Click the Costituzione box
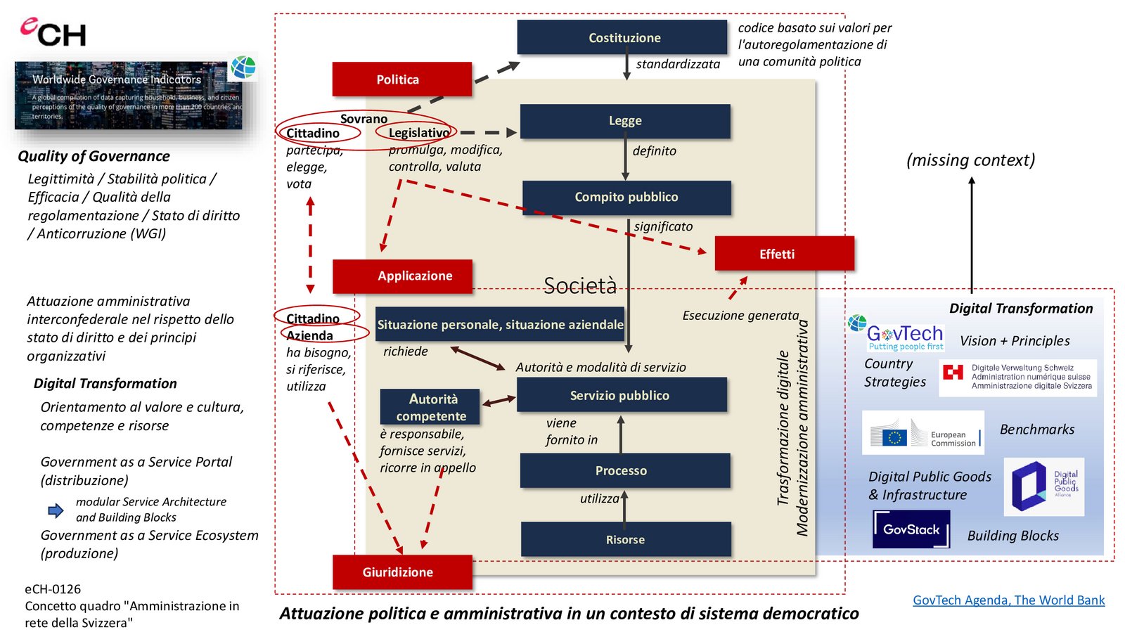click(x=622, y=37)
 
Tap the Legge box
click(x=625, y=121)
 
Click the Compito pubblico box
click(x=626, y=198)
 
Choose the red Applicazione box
click(x=402, y=276)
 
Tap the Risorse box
click(x=626, y=539)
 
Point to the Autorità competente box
click(x=430, y=407)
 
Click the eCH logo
click(x=53, y=32)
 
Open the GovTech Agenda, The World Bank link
click(x=1008, y=600)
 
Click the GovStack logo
click(x=911, y=529)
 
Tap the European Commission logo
click(x=922, y=433)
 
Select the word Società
click(x=580, y=285)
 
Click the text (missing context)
click(x=970, y=160)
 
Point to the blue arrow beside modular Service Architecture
click(x=56, y=510)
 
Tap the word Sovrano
click(x=364, y=119)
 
